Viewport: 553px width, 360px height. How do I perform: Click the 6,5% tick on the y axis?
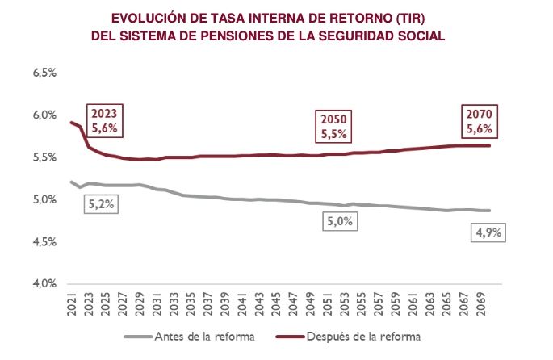pyautogui.click(x=44, y=73)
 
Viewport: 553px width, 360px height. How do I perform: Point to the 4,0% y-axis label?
pyautogui.click(x=44, y=283)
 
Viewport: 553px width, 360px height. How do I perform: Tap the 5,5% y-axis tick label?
pyautogui.click(x=44, y=157)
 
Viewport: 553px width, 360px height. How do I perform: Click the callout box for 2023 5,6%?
pyautogui.click(x=105, y=121)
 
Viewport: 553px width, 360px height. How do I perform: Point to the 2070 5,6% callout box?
pyautogui.click(x=478, y=121)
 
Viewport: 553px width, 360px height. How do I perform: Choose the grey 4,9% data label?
pyautogui.click(x=486, y=233)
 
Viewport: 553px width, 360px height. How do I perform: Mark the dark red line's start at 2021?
pyautogui.click(x=73, y=123)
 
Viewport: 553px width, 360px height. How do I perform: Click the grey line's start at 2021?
pyautogui.click(x=73, y=182)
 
